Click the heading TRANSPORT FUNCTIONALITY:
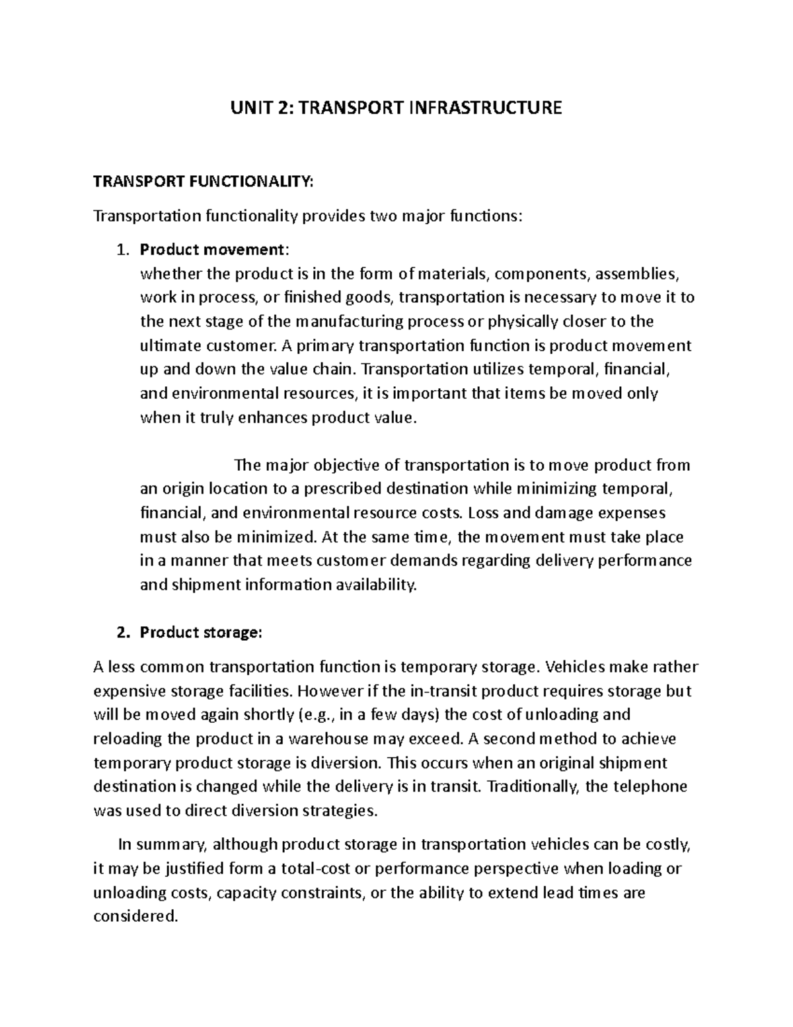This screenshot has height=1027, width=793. click(204, 182)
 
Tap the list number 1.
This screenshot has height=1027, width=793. click(120, 250)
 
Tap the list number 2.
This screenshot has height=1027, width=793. click(120, 633)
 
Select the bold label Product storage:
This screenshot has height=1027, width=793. click(201, 633)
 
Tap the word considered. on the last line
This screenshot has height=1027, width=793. click(136, 917)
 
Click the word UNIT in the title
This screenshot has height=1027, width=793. click(248, 108)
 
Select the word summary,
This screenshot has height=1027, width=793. click(172, 844)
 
